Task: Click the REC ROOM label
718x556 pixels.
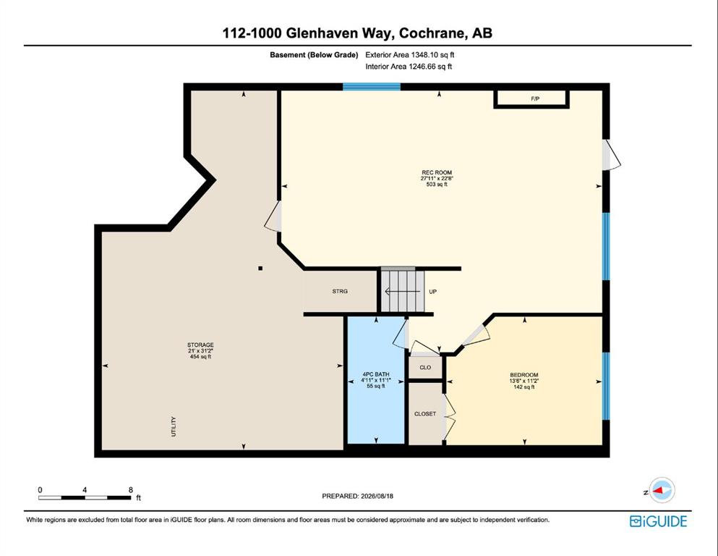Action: (437, 173)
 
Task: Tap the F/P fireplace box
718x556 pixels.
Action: (531, 99)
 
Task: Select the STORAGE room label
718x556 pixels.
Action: (200, 345)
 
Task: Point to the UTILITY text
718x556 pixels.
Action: (174, 426)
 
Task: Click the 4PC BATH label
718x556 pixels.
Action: (375, 374)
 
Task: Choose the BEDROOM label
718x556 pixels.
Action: (524, 375)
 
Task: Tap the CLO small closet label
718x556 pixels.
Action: (425, 368)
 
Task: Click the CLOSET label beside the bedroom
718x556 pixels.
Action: (425, 414)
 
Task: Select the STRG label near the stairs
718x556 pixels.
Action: (340, 291)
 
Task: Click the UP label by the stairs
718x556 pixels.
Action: (432, 292)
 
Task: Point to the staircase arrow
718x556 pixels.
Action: (403, 292)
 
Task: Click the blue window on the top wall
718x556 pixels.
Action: (372, 87)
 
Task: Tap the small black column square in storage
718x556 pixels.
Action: (260, 268)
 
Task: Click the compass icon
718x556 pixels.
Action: (662, 490)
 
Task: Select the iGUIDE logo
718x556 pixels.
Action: (659, 521)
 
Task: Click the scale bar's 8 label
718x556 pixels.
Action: (130, 489)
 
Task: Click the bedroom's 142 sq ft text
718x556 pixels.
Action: (524, 387)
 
